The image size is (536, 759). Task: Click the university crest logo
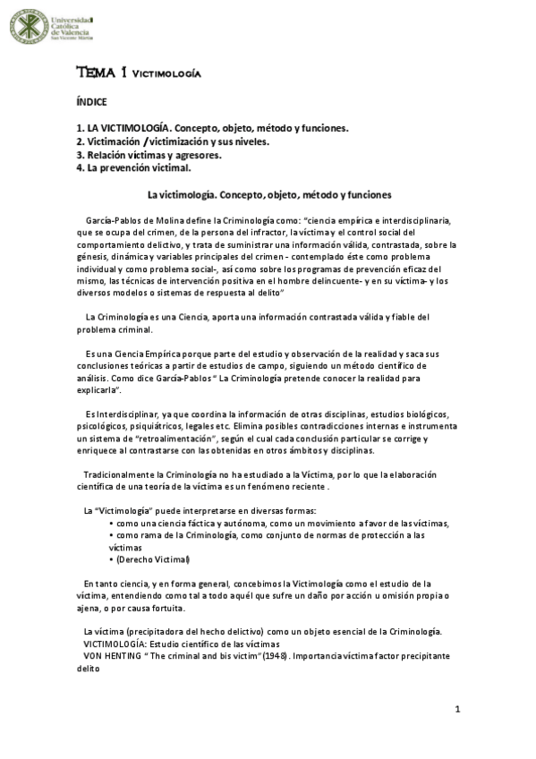click(x=29, y=26)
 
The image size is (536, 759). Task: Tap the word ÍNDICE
click(x=91, y=102)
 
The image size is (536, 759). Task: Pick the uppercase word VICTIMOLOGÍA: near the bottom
click(x=115, y=644)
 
